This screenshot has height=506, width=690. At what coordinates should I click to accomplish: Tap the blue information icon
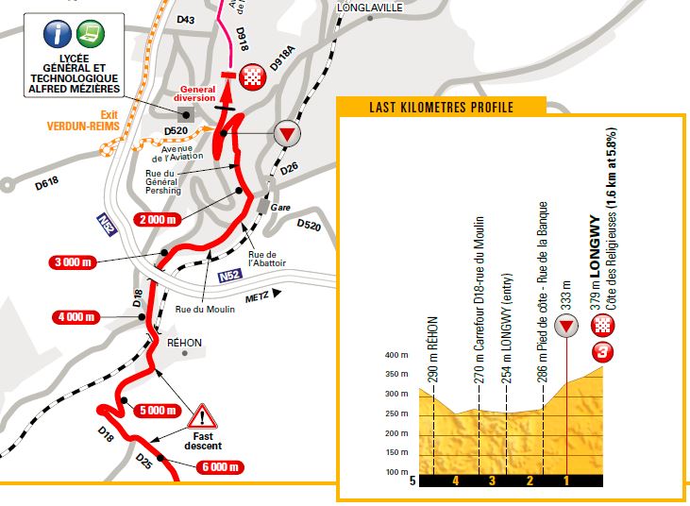click(59, 33)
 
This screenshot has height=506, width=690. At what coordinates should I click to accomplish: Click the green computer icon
click(92, 33)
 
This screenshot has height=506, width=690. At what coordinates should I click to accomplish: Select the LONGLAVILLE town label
click(368, 8)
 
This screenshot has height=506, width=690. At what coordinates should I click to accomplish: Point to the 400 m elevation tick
click(395, 355)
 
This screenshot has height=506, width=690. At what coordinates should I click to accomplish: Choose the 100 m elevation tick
click(395, 472)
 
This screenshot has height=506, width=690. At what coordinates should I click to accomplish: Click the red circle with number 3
click(602, 354)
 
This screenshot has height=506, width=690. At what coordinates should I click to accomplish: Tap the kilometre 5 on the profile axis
click(412, 481)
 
